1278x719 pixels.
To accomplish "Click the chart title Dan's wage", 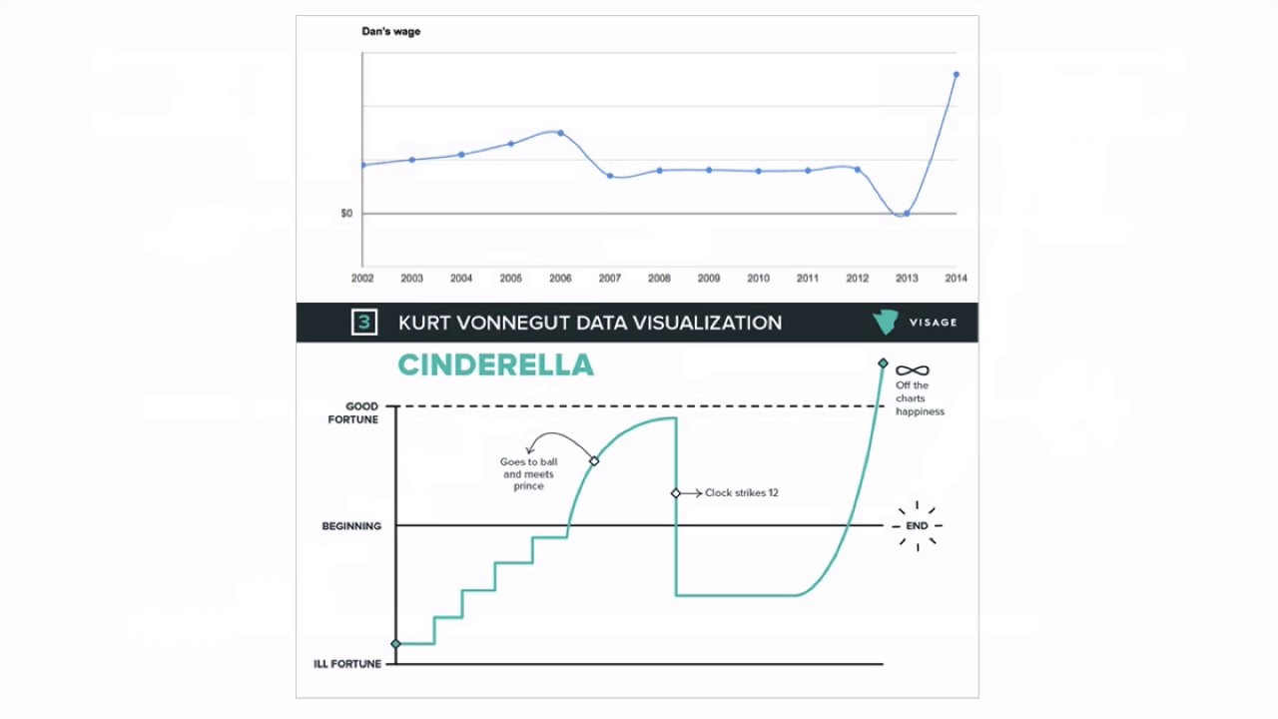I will tap(390, 31).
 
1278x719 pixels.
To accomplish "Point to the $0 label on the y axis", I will tap(346, 213).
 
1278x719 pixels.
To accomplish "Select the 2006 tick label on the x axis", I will tap(560, 278).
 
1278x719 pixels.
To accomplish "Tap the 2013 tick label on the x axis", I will tap(907, 278).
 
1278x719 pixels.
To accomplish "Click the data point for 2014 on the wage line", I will tap(957, 74).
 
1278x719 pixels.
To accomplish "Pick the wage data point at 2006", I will tap(560, 133).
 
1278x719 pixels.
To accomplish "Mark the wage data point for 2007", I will tap(610, 176).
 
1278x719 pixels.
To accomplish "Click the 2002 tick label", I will tap(362, 278).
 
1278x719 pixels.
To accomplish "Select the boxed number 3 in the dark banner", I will tap(364, 322).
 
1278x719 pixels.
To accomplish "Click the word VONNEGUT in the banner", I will tap(524, 323).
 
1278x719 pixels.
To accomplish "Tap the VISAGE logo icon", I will tap(885, 322).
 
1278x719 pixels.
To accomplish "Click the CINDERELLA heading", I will tap(495, 364).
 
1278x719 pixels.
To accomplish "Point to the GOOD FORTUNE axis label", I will tap(353, 412).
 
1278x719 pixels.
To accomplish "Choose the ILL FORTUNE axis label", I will tap(347, 664).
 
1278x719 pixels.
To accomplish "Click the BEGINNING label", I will tap(351, 526).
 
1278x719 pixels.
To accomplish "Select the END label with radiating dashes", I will tap(917, 526).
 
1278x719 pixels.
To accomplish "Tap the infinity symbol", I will tap(913, 370).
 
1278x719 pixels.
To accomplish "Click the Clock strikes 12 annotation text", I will tap(741, 492).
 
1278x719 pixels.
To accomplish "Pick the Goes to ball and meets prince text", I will tap(529, 473).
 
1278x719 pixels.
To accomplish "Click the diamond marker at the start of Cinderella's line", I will tap(396, 644).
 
